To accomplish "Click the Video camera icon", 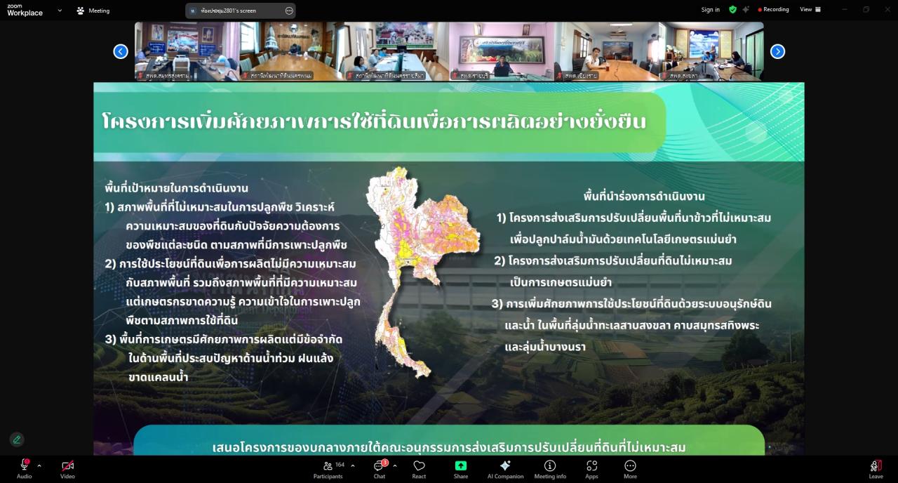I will coord(67,466).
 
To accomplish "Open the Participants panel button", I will coord(328,466).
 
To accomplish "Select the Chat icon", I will coord(379,466).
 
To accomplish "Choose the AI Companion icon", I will coord(505,466).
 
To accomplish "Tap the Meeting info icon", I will coord(550,466).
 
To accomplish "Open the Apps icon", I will coord(591,466).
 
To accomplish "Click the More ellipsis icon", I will coord(630,465).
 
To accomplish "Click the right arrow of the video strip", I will coord(777,51).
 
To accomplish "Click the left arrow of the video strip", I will coord(121,51).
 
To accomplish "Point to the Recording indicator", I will coord(774,10).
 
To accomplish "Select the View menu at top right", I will coord(810,10).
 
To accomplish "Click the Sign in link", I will coord(710,10).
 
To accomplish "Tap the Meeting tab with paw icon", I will coord(93,11).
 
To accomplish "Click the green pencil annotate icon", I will coord(17,439).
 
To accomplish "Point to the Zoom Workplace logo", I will coord(25,10).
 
